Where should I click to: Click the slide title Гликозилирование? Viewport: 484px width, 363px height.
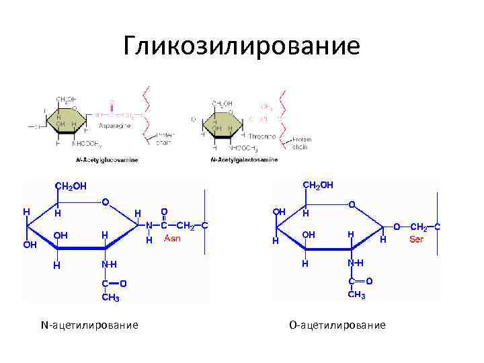tap(242, 46)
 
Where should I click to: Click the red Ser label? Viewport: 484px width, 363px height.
tap(417, 239)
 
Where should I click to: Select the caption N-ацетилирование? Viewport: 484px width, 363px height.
tap(89, 325)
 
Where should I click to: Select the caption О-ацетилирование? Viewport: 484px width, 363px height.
tap(337, 325)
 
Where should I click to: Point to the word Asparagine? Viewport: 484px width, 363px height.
tap(115, 125)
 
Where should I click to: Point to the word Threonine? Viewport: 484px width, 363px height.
tap(262, 136)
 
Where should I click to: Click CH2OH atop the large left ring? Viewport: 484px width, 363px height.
tap(71, 186)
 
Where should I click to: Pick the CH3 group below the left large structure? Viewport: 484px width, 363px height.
tap(111, 298)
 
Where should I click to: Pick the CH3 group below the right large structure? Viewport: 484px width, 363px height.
tap(357, 295)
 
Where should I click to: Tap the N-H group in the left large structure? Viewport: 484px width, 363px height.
tap(109, 265)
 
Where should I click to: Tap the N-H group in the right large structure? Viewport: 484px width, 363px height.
tap(356, 263)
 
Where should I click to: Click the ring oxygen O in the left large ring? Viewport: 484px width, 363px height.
tap(106, 202)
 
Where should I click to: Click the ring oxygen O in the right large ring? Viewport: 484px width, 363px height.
tap(352, 203)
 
